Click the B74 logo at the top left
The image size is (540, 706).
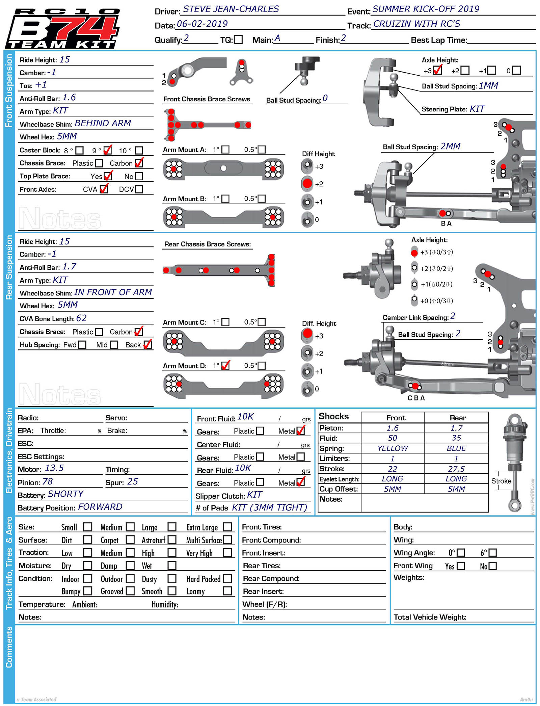tap(62, 29)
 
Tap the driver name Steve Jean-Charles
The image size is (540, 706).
tap(231, 9)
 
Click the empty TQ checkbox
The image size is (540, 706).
tap(238, 40)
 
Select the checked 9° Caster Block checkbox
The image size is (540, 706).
tap(108, 150)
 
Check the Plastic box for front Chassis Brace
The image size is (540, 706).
tap(99, 163)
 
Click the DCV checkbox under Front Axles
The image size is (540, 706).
tap(139, 189)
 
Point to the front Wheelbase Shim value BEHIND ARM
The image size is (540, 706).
tap(103, 123)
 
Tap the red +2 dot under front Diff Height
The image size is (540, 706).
tap(307, 183)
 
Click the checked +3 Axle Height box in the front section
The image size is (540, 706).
tap(437, 70)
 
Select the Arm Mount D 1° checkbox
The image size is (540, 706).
tap(225, 365)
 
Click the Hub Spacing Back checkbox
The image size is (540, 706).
tap(147, 344)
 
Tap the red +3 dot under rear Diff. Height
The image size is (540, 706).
tap(307, 334)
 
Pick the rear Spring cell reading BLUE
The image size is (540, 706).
tap(456, 448)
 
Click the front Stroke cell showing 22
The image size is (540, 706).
tap(392, 469)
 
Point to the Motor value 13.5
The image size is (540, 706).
tap(54, 468)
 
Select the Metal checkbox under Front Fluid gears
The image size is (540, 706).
tap(300, 431)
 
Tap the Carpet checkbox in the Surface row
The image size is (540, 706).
tap(130, 540)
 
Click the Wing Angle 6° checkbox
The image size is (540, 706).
tap(493, 553)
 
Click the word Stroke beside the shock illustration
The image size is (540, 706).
tap(501, 481)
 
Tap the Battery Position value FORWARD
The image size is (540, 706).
tap(100, 507)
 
